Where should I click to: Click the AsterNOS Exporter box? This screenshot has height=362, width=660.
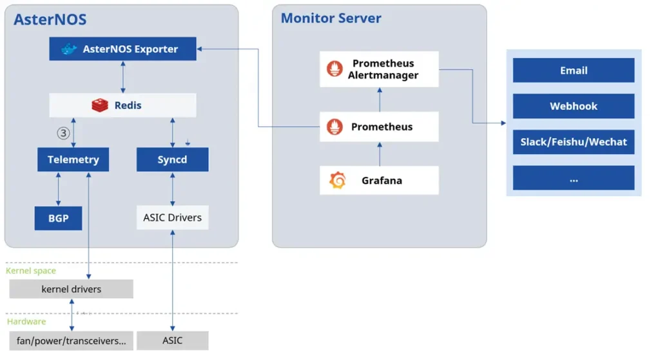(122, 49)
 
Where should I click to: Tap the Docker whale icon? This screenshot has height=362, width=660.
(69, 49)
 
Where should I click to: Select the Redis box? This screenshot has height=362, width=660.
(122, 105)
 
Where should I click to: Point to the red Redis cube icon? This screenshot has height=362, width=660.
(100, 105)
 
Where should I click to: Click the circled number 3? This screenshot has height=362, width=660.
(63, 133)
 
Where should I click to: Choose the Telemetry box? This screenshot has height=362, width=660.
(73, 159)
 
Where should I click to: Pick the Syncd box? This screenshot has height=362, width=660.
(172, 159)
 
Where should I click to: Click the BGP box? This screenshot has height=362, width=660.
(58, 218)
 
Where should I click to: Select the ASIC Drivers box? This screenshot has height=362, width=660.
(172, 217)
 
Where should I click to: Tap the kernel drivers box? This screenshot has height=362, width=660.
(71, 289)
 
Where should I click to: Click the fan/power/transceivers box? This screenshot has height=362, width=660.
(71, 341)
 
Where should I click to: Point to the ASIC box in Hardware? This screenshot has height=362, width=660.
(172, 341)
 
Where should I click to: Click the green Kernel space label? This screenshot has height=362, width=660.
(31, 271)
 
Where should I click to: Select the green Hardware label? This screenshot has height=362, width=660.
(26, 321)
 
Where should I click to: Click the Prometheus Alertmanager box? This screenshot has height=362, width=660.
(379, 69)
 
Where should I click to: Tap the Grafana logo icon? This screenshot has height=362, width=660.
(337, 181)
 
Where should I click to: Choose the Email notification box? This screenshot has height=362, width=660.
(573, 70)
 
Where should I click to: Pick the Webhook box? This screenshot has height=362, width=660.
(573, 106)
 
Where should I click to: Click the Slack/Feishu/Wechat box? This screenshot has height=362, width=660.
(573, 142)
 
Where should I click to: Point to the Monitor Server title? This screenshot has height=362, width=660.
(331, 18)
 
